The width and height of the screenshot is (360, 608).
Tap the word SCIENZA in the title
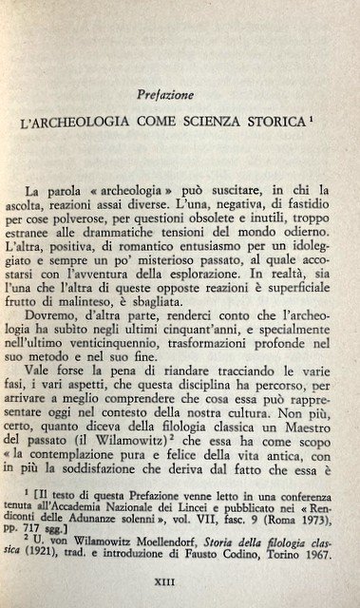point(224,124)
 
